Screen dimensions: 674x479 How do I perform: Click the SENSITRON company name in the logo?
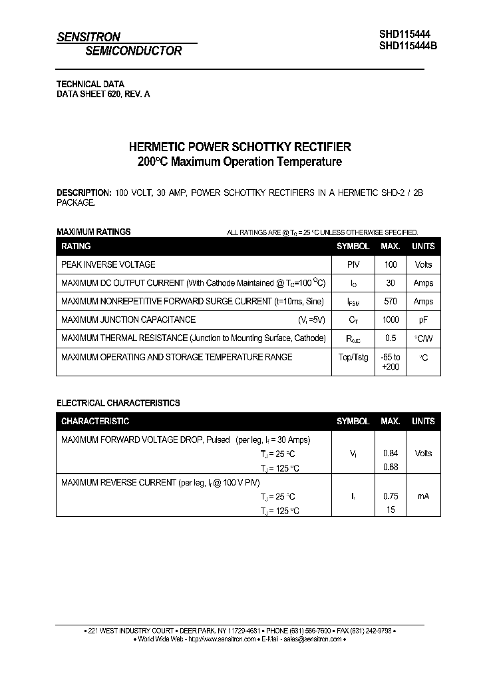(88, 37)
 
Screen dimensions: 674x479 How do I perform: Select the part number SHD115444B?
(408, 46)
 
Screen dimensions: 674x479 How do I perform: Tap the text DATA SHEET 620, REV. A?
(103, 95)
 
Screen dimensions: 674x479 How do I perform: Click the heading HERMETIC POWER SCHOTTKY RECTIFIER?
(239, 147)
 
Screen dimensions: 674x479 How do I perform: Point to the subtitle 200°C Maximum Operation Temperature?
(239, 162)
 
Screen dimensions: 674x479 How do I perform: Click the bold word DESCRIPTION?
(84, 192)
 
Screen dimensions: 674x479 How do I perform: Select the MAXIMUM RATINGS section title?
(93, 232)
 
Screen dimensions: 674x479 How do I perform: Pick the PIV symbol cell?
(353, 264)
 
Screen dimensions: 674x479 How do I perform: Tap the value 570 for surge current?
(391, 302)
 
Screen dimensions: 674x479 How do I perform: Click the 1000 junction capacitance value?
(391, 320)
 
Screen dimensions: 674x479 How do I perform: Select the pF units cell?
(423, 320)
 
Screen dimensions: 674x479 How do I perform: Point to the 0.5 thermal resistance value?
(391, 338)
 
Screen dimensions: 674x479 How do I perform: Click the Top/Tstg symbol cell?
(353, 357)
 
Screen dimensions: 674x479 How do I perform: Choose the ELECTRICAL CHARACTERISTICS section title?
(118, 403)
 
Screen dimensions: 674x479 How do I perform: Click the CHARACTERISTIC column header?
(95, 422)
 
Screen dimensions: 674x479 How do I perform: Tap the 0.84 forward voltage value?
(391, 454)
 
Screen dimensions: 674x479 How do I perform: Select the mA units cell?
(423, 496)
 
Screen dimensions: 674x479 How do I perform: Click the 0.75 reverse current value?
(391, 496)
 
